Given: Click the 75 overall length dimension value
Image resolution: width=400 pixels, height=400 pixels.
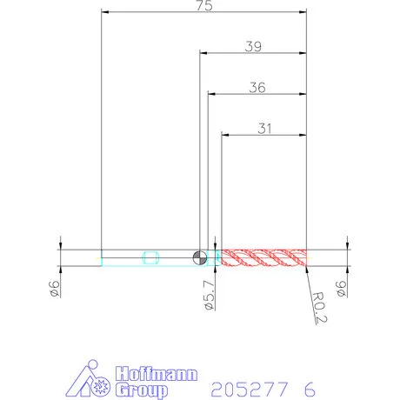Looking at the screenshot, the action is (204, 5).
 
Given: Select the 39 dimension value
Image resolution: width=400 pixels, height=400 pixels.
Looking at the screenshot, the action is (253, 46).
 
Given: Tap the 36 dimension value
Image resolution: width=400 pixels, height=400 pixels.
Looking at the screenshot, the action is (257, 88).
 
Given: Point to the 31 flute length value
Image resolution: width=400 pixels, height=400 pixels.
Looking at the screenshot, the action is (264, 129).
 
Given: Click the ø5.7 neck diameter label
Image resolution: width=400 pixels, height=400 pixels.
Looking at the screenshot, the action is (210, 295).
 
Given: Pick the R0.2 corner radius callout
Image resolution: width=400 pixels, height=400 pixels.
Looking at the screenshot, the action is (319, 307).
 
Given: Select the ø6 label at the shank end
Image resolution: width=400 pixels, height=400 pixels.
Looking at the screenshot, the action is (55, 289).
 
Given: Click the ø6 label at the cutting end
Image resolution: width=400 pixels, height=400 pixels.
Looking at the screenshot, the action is (341, 289).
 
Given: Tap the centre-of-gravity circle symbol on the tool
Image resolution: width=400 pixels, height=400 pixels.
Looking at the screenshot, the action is (200, 257).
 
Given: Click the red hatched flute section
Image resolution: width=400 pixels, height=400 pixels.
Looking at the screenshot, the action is (263, 257).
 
